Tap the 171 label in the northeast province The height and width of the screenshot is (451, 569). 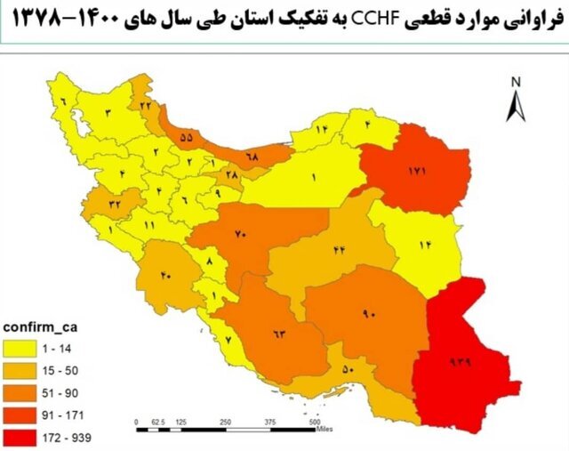[418, 170]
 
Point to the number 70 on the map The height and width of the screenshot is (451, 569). [241, 234]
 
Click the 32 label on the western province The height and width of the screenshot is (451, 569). [115, 204]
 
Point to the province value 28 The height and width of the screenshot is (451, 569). [232, 176]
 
